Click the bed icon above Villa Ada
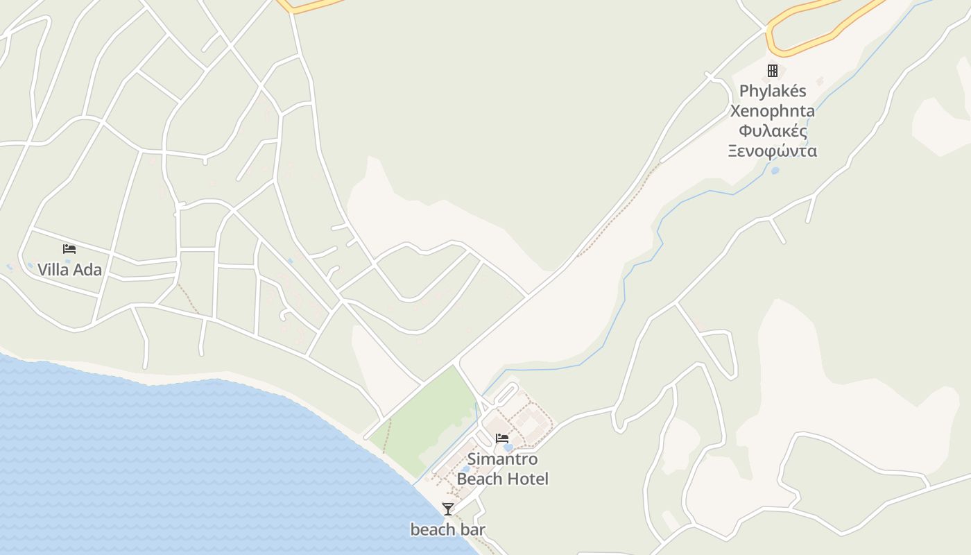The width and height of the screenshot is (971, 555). coord(69,248)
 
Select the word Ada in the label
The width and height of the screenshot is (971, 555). coord(88,270)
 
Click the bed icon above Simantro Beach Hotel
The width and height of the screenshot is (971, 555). coord(502,438)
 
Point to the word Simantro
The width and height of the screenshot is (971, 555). coord(502,459)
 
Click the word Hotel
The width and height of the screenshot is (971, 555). coord(526,479)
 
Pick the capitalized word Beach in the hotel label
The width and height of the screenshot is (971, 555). coord(479,479)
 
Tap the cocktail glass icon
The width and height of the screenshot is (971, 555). coord(448,509)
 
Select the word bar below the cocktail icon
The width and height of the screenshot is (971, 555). coord(472,530)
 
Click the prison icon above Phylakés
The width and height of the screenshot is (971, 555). coord(772,71)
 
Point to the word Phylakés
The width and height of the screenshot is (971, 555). coord(773,91)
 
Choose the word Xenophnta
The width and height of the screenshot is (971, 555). coord(773,111)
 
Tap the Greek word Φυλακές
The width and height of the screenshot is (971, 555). coord(773,131)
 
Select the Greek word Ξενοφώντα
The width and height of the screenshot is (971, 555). coord(773,151)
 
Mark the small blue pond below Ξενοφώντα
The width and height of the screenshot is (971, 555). coord(775,170)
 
